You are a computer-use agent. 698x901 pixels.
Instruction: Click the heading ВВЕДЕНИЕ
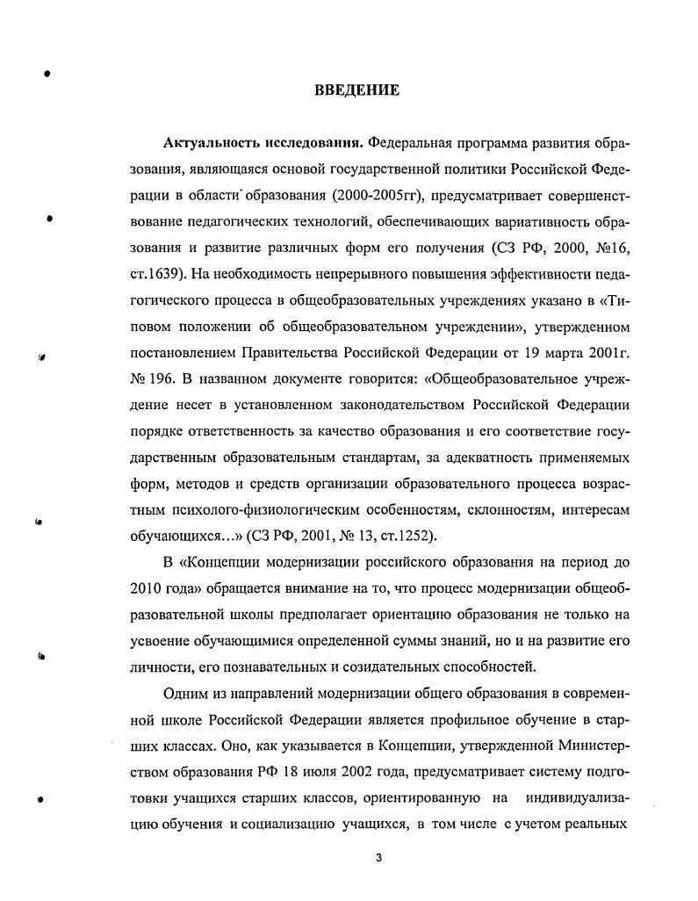356,90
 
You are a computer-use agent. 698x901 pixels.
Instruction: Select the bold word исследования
313,142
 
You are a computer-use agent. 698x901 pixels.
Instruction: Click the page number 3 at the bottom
378,857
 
